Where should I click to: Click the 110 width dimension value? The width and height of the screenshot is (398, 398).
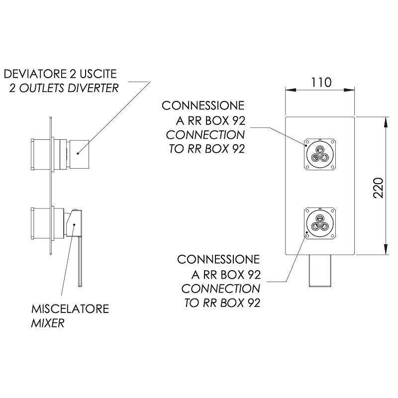(321, 83)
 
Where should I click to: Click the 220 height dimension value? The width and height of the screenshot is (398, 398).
(378, 188)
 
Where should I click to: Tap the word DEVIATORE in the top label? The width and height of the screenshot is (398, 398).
(34, 74)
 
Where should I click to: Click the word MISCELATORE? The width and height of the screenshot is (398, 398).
(70, 309)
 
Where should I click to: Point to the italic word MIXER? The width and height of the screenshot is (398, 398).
(47, 323)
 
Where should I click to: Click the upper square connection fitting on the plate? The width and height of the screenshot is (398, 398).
(320, 154)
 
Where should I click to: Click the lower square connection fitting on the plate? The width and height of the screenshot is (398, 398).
(320, 223)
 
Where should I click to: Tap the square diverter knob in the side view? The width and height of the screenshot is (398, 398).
(79, 154)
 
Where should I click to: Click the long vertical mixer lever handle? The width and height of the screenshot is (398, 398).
(80, 262)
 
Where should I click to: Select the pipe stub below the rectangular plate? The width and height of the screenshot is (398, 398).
(320, 271)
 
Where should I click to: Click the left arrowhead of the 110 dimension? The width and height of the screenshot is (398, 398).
(291, 90)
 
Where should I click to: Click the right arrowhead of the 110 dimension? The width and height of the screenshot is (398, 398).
(349, 90)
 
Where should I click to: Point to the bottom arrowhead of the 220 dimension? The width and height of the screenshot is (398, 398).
(386, 249)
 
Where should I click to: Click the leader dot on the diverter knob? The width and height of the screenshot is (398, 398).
(78, 153)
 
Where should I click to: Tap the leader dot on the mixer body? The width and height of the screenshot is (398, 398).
(74, 224)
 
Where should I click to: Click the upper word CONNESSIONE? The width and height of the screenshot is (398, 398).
(203, 105)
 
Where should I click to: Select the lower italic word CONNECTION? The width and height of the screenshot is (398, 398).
(221, 289)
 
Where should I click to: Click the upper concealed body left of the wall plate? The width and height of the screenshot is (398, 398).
(41, 154)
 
